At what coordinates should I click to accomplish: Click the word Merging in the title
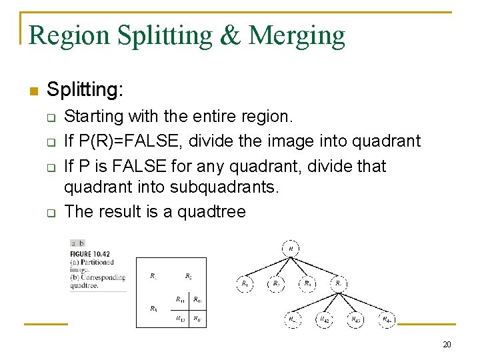click(297, 35)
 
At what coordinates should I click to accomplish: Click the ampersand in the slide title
click(231, 35)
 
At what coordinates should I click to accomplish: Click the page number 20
click(447, 345)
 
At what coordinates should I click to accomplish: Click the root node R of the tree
click(291, 249)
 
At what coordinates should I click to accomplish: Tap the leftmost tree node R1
click(245, 284)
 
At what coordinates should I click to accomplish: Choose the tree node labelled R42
click(324, 319)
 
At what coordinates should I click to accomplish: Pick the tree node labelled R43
click(357, 319)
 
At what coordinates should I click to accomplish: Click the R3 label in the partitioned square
click(153, 309)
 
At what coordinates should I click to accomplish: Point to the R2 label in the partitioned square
click(189, 275)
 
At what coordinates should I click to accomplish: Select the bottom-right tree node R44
click(387, 319)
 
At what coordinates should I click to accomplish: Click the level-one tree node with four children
click(339, 284)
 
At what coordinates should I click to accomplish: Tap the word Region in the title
click(69, 35)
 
